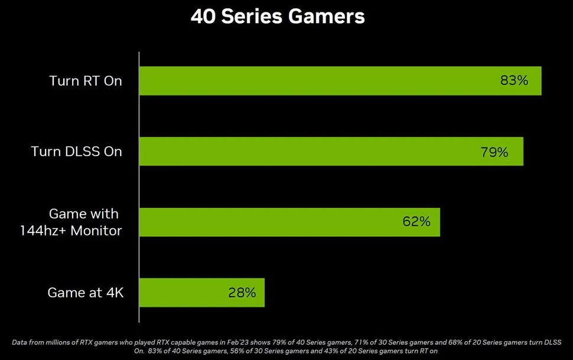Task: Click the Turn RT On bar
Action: pyautogui.click(x=340, y=80)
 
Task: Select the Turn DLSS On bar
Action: pyautogui.click(x=331, y=151)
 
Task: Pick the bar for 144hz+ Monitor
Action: pyautogui.click(x=289, y=222)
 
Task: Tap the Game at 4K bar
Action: pyautogui.click(x=201, y=293)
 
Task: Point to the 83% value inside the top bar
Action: pyautogui.click(x=514, y=80)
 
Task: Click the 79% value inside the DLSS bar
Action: pyautogui.click(x=494, y=152)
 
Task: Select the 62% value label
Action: pyautogui.click(x=416, y=222)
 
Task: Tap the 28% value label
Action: pyautogui.click(x=242, y=293)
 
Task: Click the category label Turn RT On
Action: pyautogui.click(x=86, y=81)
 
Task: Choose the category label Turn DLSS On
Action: pyautogui.click(x=77, y=152)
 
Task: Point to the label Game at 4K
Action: pyautogui.click(x=86, y=293)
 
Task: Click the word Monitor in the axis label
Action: pyautogui.click(x=96, y=230)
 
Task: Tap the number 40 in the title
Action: pyautogui.click(x=202, y=17)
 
